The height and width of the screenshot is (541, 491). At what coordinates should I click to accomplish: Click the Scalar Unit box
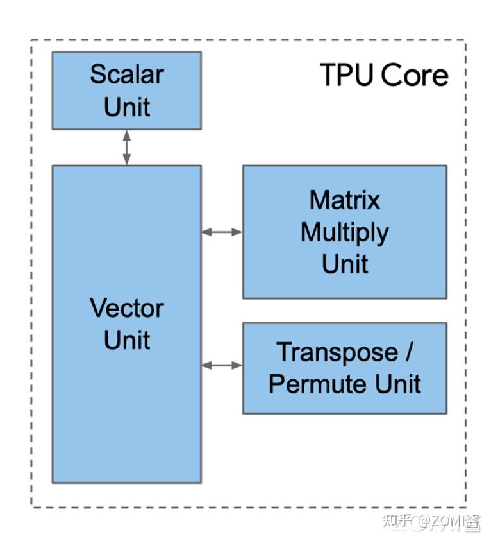pos(126,90)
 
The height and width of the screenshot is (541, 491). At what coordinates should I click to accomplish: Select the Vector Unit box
pos(126,323)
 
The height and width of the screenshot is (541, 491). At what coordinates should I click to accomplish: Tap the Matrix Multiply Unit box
pos(344,232)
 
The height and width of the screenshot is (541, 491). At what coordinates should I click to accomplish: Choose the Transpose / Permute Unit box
pos(344,368)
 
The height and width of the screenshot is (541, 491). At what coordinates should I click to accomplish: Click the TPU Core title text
pos(383,75)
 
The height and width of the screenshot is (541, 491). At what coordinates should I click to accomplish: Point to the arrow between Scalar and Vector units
pos(126,147)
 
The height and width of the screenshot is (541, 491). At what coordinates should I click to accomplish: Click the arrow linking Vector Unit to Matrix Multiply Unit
pos(222,232)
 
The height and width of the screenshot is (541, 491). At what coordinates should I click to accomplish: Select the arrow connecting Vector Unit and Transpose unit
pos(222,365)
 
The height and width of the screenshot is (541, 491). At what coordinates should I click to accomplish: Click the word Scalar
pos(126,74)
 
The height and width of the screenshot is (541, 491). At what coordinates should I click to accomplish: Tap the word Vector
pos(126,308)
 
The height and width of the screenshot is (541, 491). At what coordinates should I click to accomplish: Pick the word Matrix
pos(344,200)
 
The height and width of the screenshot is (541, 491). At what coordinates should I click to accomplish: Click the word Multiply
pos(344,232)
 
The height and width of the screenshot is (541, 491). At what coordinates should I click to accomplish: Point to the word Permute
pos(310,384)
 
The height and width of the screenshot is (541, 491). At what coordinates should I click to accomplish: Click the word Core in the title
pos(413,75)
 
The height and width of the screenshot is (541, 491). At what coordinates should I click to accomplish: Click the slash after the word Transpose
pos(408,352)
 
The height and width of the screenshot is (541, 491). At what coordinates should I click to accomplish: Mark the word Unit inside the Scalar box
pos(126,107)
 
